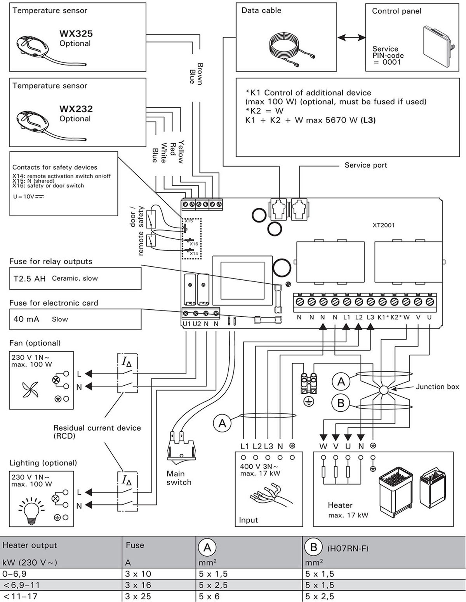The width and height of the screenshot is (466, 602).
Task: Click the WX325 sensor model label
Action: click(76, 34)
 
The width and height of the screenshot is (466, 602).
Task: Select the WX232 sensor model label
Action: click(76, 109)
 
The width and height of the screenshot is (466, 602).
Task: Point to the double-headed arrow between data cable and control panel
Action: click(351, 37)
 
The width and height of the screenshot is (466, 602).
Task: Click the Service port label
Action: click(365, 165)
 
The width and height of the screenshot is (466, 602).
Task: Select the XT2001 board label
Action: click(383, 225)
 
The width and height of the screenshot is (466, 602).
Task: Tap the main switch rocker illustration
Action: click(181, 448)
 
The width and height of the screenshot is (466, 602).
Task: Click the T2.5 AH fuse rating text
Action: click(30, 278)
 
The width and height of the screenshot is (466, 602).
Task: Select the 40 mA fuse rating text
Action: click(26, 319)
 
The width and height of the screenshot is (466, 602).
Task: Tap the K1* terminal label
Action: click(383, 317)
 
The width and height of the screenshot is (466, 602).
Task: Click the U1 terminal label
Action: click(186, 324)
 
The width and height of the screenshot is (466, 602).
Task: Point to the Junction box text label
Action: click(437, 387)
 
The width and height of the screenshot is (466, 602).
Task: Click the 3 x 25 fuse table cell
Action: click(138, 597)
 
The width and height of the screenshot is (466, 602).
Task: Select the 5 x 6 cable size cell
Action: click(209, 597)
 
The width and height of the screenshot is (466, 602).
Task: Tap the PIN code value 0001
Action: click(391, 62)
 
